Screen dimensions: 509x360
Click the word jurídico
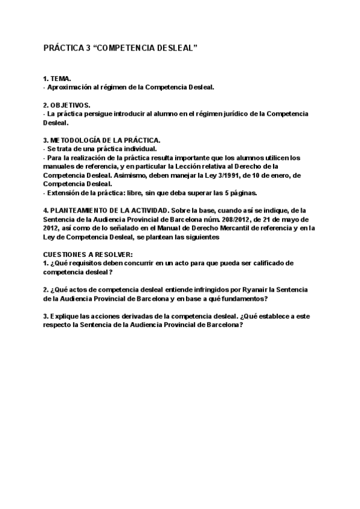coord(247,113)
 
